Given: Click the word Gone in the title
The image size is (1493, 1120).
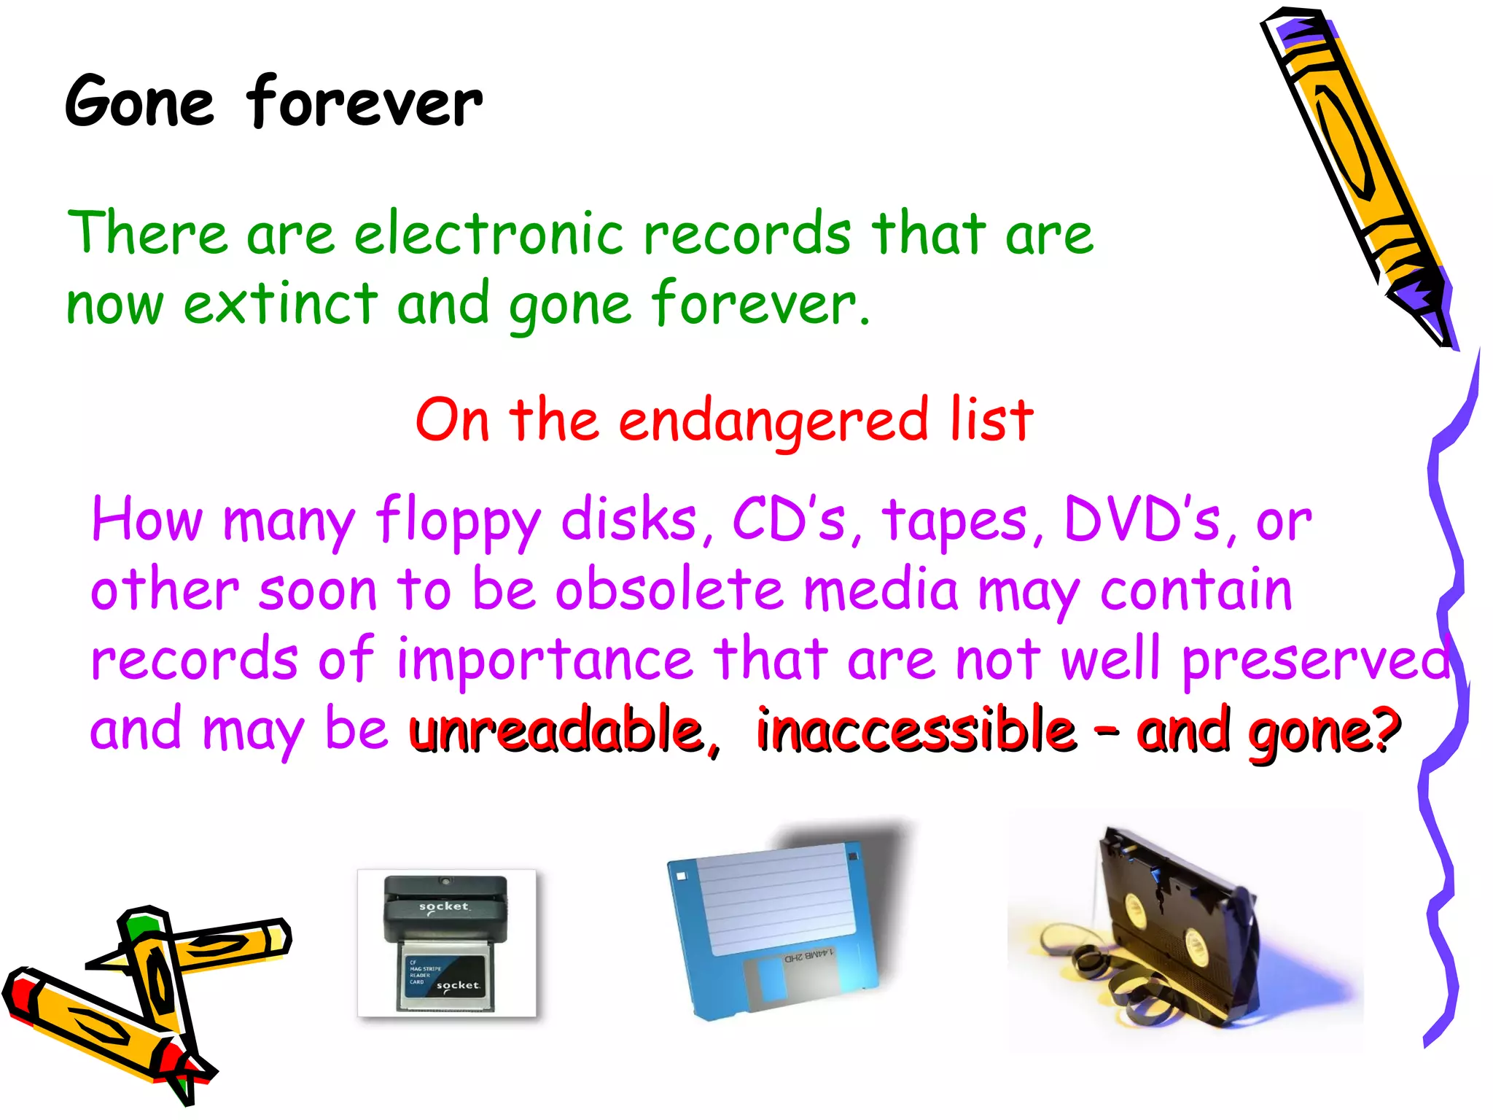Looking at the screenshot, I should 139,103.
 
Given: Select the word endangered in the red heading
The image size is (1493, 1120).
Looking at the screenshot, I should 773,422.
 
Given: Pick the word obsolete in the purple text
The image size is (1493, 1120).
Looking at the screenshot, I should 669,590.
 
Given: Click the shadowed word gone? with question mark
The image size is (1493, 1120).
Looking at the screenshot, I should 1324,732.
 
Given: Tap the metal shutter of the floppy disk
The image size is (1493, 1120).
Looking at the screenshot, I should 798,981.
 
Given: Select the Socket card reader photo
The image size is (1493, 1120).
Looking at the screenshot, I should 447,943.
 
